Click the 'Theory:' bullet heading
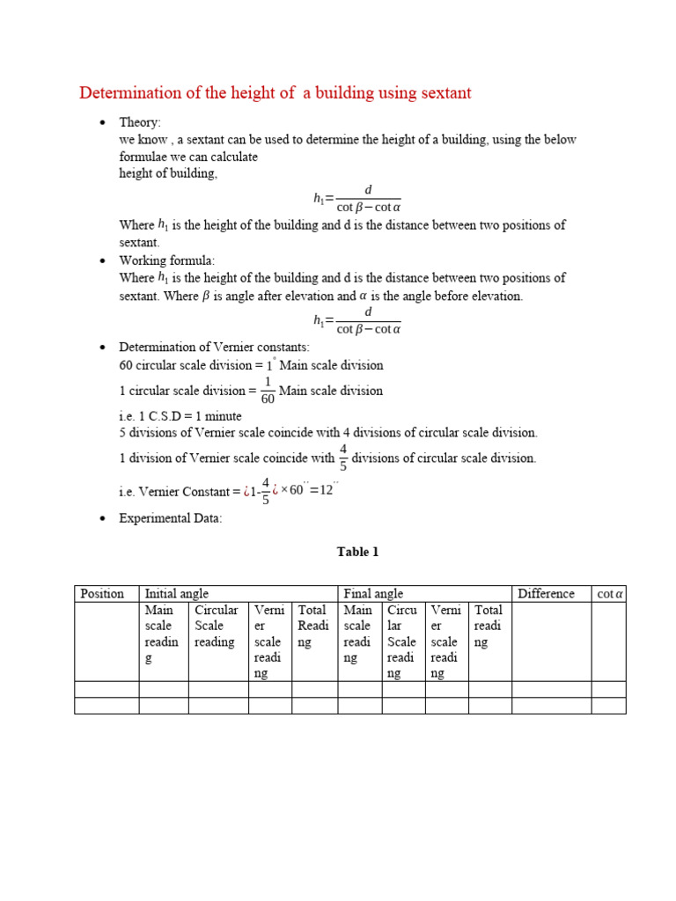tap(140, 122)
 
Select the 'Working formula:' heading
tap(166, 260)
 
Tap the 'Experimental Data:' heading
tap(171, 518)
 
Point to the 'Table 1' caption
tap(357, 552)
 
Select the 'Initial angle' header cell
tap(176, 594)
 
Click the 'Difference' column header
tap(546, 594)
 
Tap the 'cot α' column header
tap(609, 594)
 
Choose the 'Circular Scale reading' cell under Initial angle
tap(217, 626)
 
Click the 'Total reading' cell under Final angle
tap(489, 626)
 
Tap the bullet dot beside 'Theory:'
tap(102, 122)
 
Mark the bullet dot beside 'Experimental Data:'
tap(102, 518)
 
